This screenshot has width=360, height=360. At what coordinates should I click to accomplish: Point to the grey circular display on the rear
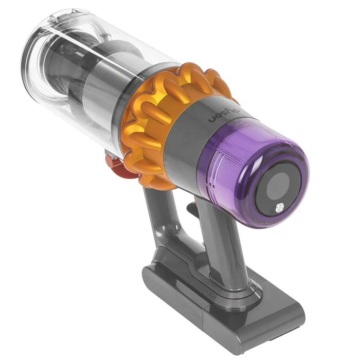pyautogui.click(x=278, y=184)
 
